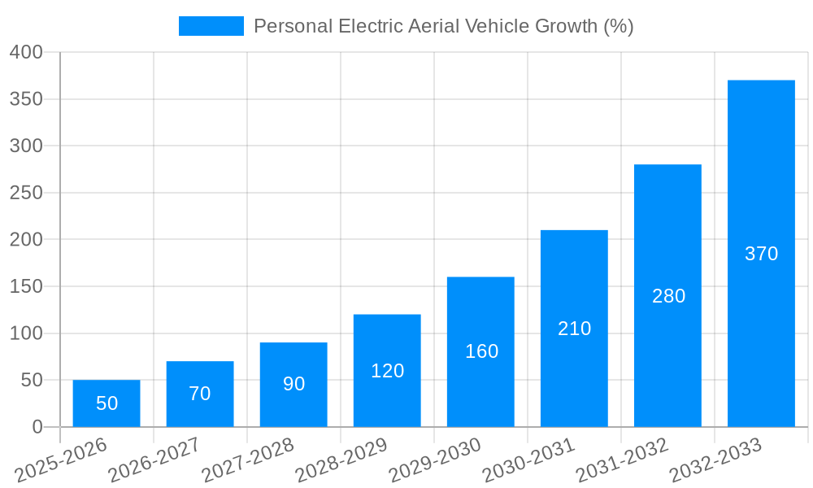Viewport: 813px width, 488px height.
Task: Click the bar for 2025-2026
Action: click(107, 403)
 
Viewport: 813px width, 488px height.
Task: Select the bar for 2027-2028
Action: click(293, 385)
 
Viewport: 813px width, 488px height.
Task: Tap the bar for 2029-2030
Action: click(480, 351)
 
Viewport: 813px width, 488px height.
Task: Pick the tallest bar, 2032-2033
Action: click(761, 254)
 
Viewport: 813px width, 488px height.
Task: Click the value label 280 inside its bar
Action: click(668, 296)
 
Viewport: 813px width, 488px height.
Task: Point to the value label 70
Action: click(200, 394)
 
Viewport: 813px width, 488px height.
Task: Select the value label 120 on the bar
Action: click(387, 371)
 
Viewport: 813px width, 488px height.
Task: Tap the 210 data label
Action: click(574, 329)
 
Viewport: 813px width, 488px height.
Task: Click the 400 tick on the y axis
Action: click(26, 52)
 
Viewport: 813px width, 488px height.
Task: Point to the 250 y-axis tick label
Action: click(26, 193)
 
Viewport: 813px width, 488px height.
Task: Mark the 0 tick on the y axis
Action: click(37, 427)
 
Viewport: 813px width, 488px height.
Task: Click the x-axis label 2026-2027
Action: click(154, 460)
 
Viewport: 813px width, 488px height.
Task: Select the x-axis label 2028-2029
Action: click(341, 460)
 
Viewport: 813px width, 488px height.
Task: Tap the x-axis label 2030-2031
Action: click(528, 460)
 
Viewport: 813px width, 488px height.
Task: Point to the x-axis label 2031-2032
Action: click(622, 460)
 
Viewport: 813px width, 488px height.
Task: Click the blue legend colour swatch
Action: click(211, 26)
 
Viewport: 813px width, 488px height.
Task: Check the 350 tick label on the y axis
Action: click(26, 99)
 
